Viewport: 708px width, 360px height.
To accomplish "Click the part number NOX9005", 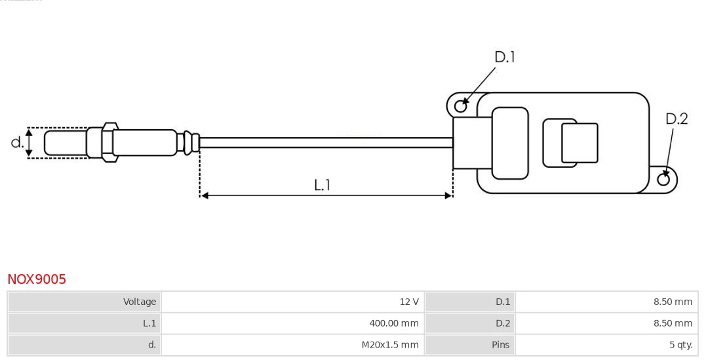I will pos(37,279).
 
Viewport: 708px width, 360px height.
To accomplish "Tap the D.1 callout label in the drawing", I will pos(504,58).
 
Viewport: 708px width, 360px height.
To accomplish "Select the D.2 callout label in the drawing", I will pos(676,119).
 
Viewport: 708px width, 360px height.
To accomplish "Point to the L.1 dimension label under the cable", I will pos(322,185).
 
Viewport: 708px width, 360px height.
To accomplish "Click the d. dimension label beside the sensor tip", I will pos(17,142).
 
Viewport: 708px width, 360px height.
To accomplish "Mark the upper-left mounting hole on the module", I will pos(460,105).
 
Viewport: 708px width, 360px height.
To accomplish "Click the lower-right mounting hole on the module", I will pos(663,180).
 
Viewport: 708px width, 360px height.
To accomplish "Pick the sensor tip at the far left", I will pos(65,143).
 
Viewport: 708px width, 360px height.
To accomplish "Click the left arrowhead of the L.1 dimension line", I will pos(205,195).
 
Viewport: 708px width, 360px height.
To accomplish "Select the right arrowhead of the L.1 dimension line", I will pos(448,195).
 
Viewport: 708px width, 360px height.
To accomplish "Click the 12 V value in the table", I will pos(408,302).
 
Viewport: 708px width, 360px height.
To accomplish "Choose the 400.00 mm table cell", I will pos(393,323).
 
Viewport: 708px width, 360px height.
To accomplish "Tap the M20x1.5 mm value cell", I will pos(389,345).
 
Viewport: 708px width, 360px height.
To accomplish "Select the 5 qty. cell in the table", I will pos(680,345).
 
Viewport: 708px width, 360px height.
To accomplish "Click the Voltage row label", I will pos(140,302).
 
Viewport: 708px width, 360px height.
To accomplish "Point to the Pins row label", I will pos(500,345).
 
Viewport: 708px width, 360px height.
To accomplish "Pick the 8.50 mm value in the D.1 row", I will pos(672,302).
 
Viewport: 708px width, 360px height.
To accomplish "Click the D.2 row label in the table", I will pos(502,323).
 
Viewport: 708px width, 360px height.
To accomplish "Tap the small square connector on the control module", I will pos(579,143).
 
